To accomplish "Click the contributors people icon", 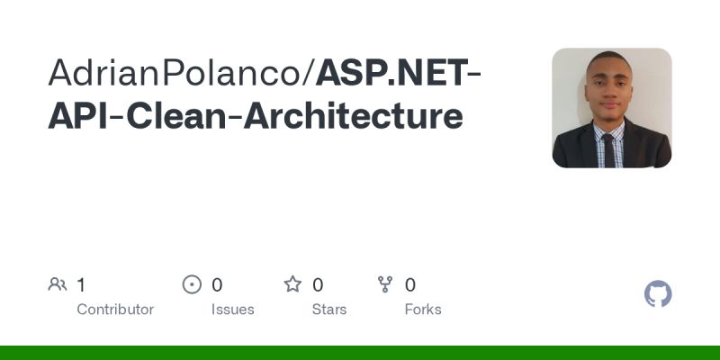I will coord(58,285).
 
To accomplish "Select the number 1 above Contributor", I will coord(81,285).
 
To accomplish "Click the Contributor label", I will coord(115,310).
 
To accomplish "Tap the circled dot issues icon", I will coord(192,285).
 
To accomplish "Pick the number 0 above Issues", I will coord(217,285).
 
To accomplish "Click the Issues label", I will coord(233,310).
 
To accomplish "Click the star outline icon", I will coord(292,285).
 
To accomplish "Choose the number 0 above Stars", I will coord(318,285).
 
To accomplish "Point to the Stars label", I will coord(330,310).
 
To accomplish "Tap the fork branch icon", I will coord(386,285).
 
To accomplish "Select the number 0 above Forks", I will coord(410,285).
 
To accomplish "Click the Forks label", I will coord(423,310).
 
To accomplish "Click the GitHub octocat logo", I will coord(658,294).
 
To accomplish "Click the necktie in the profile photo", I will coord(609,149).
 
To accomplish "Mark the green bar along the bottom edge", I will coord(360,353).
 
